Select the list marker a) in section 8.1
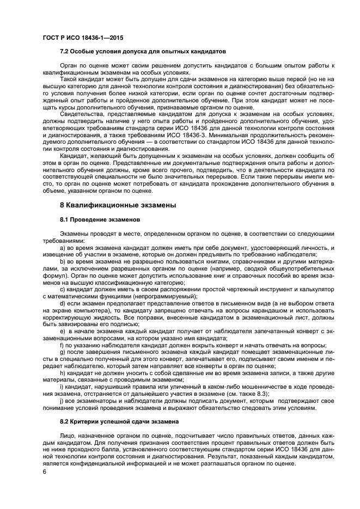click(x=63, y=248)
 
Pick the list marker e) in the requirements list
click(x=63, y=331)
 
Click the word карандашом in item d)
click(x=258, y=311)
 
